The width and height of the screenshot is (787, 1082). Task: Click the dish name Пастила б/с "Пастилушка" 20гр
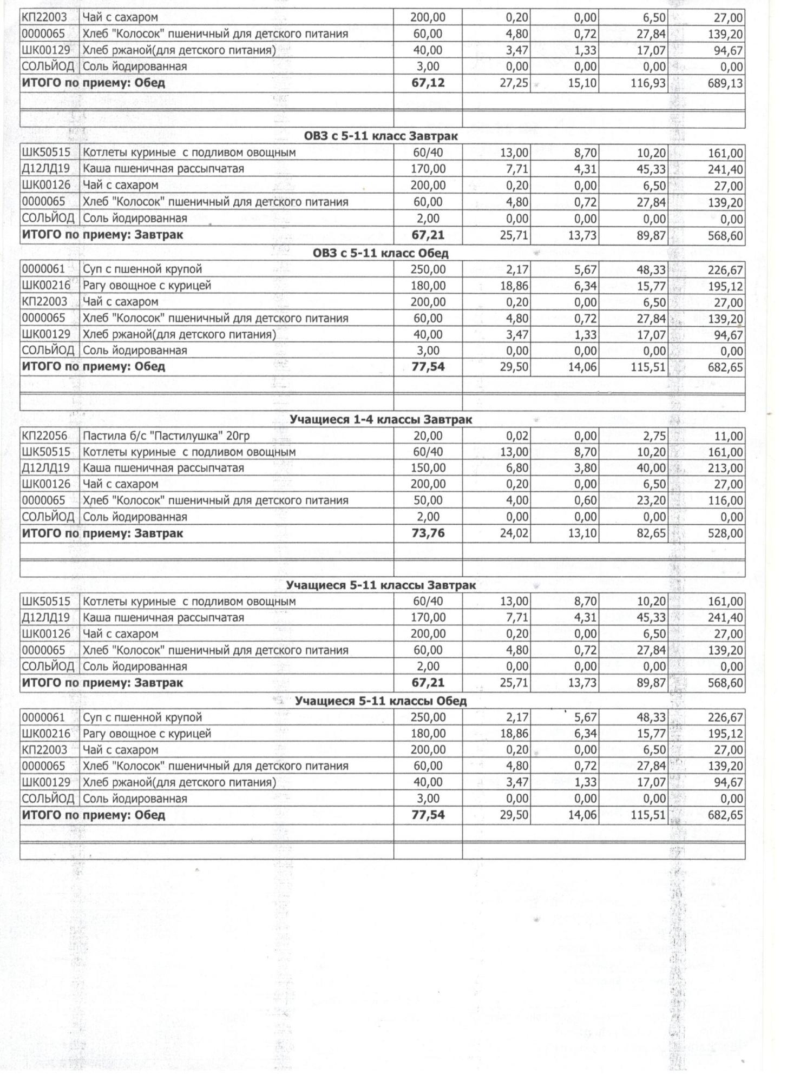coord(166,436)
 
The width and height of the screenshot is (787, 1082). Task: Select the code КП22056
coord(45,436)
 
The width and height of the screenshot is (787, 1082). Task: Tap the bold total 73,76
coord(428,533)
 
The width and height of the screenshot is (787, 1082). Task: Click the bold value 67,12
coord(428,83)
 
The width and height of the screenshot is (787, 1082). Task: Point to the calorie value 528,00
coord(725,534)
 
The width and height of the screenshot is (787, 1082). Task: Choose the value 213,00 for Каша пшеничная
coord(725,469)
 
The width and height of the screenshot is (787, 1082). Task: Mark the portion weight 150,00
coord(428,468)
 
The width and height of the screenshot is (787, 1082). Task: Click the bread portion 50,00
coord(428,500)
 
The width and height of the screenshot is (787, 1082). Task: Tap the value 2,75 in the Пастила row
coord(654,437)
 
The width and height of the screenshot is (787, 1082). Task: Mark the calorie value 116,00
coord(725,501)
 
